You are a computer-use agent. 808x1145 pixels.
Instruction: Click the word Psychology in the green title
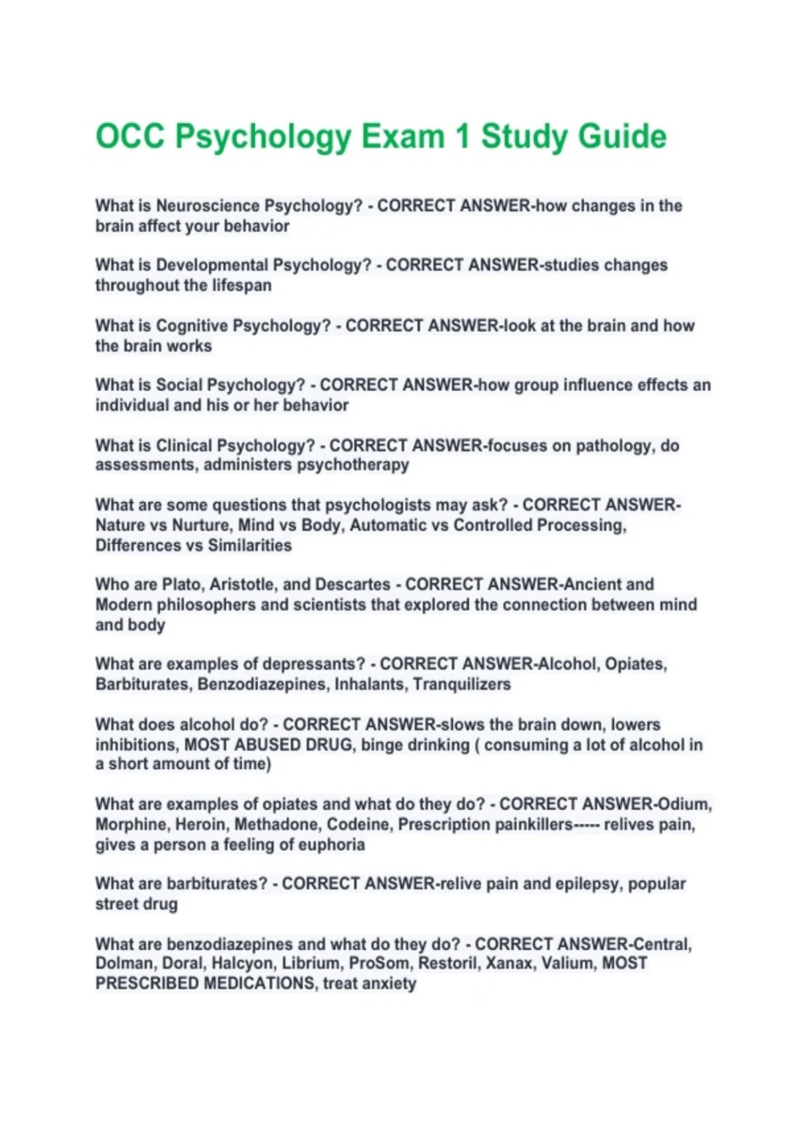[x=263, y=137]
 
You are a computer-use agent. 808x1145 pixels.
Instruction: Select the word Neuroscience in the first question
[x=207, y=205]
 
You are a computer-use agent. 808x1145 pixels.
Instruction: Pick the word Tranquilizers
[x=462, y=684]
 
